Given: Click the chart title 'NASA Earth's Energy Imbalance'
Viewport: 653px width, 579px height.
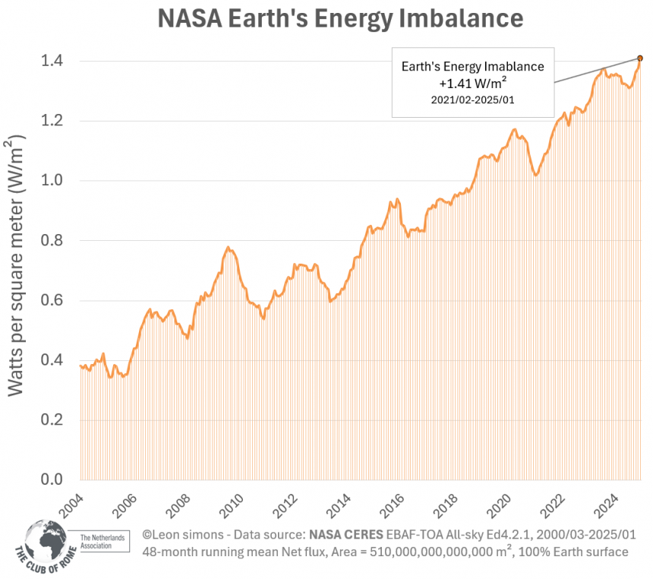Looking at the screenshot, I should pyautogui.click(x=340, y=18).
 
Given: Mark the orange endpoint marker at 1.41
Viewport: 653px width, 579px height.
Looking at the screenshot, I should pyautogui.click(x=639, y=58).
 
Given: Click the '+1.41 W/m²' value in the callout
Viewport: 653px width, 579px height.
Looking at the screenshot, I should pyautogui.click(x=472, y=83).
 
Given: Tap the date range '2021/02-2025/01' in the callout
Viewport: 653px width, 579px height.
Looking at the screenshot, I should pyautogui.click(x=472, y=100).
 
